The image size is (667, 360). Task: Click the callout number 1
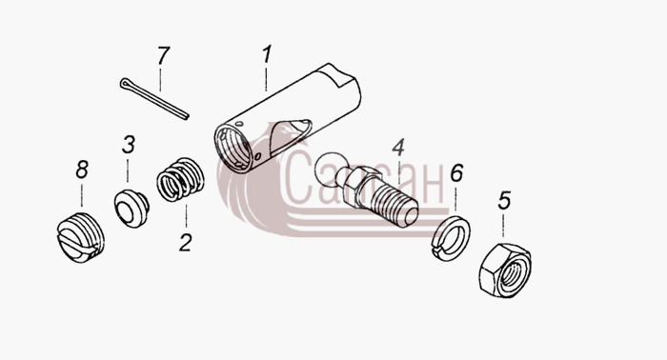[x=266, y=55]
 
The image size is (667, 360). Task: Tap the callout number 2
[x=186, y=242]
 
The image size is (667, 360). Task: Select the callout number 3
[x=128, y=145]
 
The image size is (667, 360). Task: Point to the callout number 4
[x=398, y=148]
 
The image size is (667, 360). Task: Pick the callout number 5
[x=504, y=201]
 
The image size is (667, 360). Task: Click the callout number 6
[x=456, y=173]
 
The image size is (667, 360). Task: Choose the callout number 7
[x=163, y=55]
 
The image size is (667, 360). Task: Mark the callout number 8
[x=82, y=170]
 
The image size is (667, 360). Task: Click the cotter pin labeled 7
[x=154, y=99]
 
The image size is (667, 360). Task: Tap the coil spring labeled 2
[x=180, y=179]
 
